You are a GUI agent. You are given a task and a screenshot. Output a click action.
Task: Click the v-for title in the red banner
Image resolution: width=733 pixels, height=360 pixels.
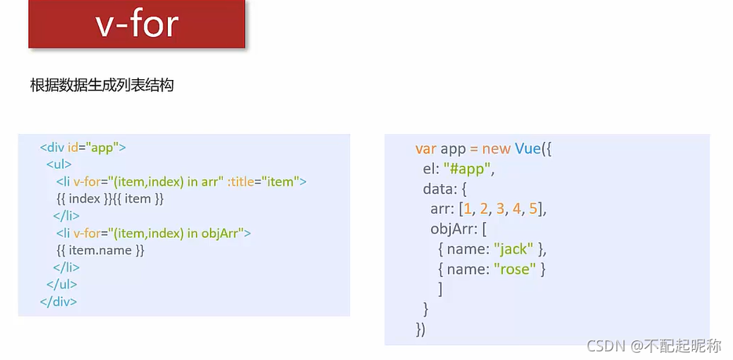(137, 25)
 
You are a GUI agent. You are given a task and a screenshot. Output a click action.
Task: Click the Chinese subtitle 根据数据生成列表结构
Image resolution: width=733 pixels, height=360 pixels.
(101, 85)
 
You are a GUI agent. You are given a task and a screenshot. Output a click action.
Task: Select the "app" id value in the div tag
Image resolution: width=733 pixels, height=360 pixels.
(102, 147)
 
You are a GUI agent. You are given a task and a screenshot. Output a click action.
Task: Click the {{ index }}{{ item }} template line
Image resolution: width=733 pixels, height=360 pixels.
(110, 199)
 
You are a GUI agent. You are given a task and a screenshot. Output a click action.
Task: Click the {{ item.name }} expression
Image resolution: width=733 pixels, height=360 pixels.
(100, 250)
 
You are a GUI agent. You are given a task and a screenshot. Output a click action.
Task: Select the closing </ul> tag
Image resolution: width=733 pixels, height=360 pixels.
(62, 285)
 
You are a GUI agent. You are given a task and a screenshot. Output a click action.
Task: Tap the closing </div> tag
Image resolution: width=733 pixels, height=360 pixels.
(59, 301)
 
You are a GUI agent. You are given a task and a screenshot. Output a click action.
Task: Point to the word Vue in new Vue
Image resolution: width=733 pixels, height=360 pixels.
(528, 148)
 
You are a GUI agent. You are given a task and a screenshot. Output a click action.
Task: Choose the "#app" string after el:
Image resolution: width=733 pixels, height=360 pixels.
(469, 169)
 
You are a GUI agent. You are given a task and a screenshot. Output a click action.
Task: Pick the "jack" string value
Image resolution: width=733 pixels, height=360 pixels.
(514, 249)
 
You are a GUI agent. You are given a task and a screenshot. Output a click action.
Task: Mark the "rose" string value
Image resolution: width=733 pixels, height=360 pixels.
(515, 269)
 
